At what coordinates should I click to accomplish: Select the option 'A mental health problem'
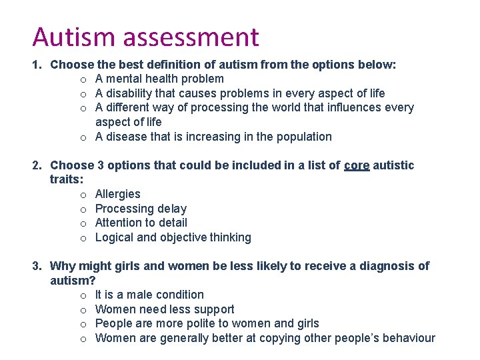tap(159, 79)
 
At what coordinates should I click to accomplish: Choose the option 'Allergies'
tap(117, 194)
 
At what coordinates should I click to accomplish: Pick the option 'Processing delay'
tap(141, 209)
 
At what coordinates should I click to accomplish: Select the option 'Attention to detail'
tap(141, 223)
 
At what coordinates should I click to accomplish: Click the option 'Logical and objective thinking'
tap(173, 237)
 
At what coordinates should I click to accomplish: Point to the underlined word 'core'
tap(357, 165)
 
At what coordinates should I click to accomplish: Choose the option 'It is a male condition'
tap(149, 295)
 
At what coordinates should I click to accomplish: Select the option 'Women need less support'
tap(165, 309)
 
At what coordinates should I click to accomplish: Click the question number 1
tap(37, 65)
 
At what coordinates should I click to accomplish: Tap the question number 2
tap(37, 165)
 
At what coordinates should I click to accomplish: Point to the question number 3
tap(37, 266)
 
